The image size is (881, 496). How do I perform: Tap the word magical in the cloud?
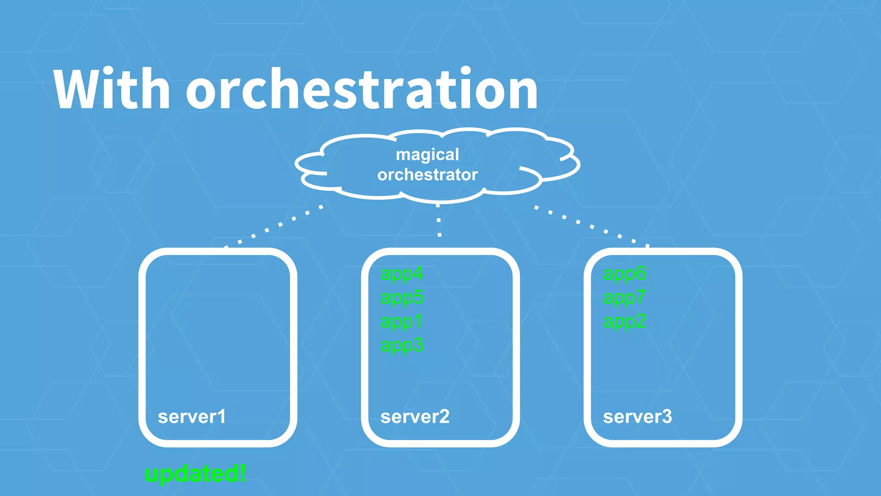[x=427, y=155]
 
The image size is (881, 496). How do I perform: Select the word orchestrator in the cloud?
[x=428, y=175]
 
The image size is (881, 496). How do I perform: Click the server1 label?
[x=192, y=417]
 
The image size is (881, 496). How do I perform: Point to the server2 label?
[x=415, y=417]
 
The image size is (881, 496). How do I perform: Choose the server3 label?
[x=637, y=417]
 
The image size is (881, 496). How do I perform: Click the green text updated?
[x=195, y=474]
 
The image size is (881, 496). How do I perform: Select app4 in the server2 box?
[x=402, y=274]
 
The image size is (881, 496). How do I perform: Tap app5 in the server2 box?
[x=402, y=298]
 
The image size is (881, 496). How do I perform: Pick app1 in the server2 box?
[x=401, y=322]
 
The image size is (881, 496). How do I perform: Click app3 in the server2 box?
[x=402, y=345]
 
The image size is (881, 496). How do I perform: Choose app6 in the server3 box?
[x=624, y=274]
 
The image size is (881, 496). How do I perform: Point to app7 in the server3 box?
[x=624, y=298]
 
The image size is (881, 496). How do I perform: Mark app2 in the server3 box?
[x=624, y=322]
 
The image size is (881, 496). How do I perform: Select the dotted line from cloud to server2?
[x=439, y=220]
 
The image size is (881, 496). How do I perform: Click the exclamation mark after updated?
[x=243, y=473]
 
